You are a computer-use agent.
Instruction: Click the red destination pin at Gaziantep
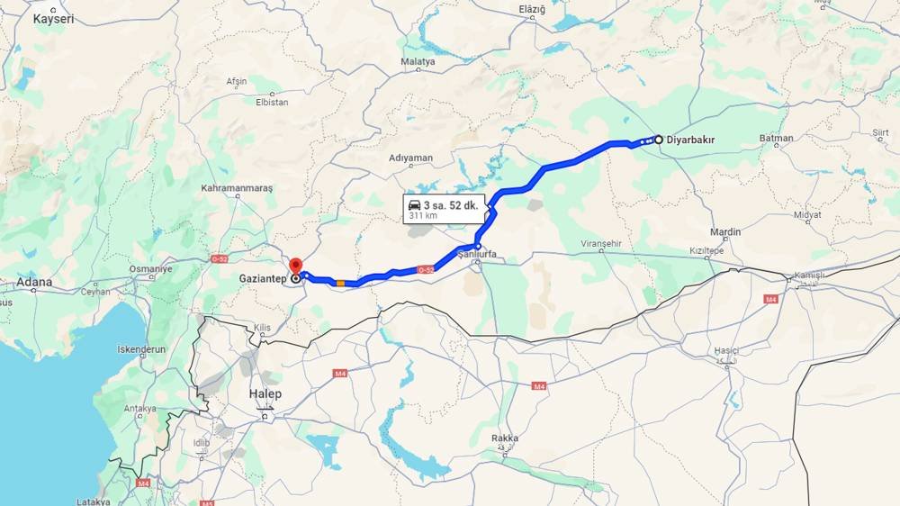(x=295, y=267)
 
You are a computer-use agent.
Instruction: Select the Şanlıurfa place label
(x=477, y=255)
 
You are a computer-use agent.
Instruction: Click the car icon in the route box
(x=414, y=204)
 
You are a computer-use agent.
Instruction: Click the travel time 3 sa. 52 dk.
(x=452, y=204)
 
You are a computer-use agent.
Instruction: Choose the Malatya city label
(x=418, y=62)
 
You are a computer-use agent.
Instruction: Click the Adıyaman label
(x=410, y=158)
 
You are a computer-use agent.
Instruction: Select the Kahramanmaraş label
(x=237, y=188)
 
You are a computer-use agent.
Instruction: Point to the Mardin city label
(x=725, y=232)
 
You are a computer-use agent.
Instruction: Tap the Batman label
(x=776, y=139)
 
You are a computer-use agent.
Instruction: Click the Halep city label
(x=265, y=393)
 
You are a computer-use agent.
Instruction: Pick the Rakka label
(x=505, y=438)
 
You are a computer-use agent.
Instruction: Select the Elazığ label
(x=533, y=9)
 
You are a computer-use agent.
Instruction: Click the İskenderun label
(x=141, y=349)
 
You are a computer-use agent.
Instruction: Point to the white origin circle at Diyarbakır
(x=659, y=140)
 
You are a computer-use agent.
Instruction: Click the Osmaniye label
(x=150, y=269)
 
